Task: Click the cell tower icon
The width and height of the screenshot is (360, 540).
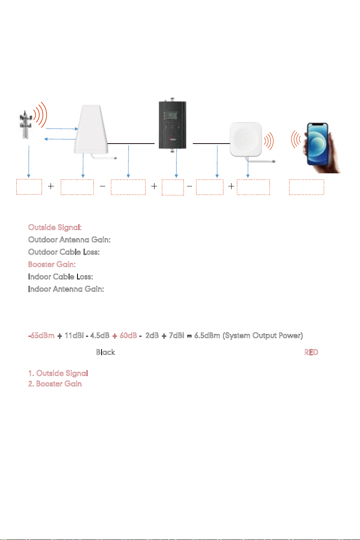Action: (26, 124)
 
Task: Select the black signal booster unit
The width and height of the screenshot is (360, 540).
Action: (172, 125)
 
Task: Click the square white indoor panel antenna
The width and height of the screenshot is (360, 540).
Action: (246, 139)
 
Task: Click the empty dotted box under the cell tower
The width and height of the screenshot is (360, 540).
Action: (29, 186)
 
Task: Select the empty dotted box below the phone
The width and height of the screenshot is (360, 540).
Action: (307, 187)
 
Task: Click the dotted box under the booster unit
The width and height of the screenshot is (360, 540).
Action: (173, 187)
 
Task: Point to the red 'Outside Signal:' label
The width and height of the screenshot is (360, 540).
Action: (55, 227)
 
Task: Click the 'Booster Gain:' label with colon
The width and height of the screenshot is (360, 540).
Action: (52, 264)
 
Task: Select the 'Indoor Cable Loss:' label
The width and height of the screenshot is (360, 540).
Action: (60, 277)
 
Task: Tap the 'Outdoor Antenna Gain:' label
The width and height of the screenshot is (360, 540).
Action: (69, 240)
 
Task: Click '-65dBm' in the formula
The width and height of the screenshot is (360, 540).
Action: (42, 336)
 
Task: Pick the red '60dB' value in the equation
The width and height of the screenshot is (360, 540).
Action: (128, 336)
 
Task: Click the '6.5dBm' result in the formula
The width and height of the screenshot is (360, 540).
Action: (207, 336)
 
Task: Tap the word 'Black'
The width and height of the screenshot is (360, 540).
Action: (106, 352)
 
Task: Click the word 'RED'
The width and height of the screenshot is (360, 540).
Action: (311, 352)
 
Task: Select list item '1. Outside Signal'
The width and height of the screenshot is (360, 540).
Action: (58, 373)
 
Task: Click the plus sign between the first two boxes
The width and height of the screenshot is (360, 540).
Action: (51, 186)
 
